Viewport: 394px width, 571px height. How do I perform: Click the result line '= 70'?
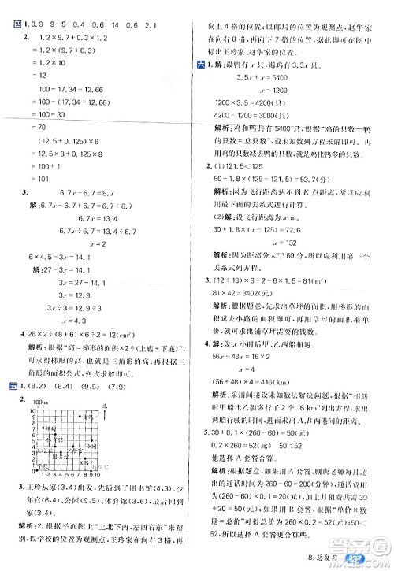[x=32, y=127]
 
